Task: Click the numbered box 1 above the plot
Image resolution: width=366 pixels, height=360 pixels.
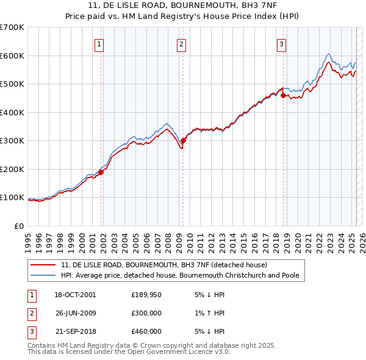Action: pos(99,43)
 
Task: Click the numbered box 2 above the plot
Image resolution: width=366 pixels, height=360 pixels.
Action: pos(182,43)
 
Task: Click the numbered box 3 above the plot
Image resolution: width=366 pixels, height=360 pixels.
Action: pos(281,43)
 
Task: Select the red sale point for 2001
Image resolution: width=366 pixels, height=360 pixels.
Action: pos(101,172)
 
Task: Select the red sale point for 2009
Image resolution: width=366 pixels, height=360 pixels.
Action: pos(184,141)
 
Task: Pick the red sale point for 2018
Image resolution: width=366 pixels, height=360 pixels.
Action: pos(283,95)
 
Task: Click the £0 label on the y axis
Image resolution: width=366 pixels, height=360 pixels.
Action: pos(19,226)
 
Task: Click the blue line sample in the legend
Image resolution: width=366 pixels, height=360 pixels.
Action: pos(43,275)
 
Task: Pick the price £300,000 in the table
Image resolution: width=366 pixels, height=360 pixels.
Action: pos(146,314)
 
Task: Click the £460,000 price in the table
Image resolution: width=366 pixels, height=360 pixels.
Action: pos(146,332)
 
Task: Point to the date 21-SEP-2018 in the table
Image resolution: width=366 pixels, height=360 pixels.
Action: pos(75,332)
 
